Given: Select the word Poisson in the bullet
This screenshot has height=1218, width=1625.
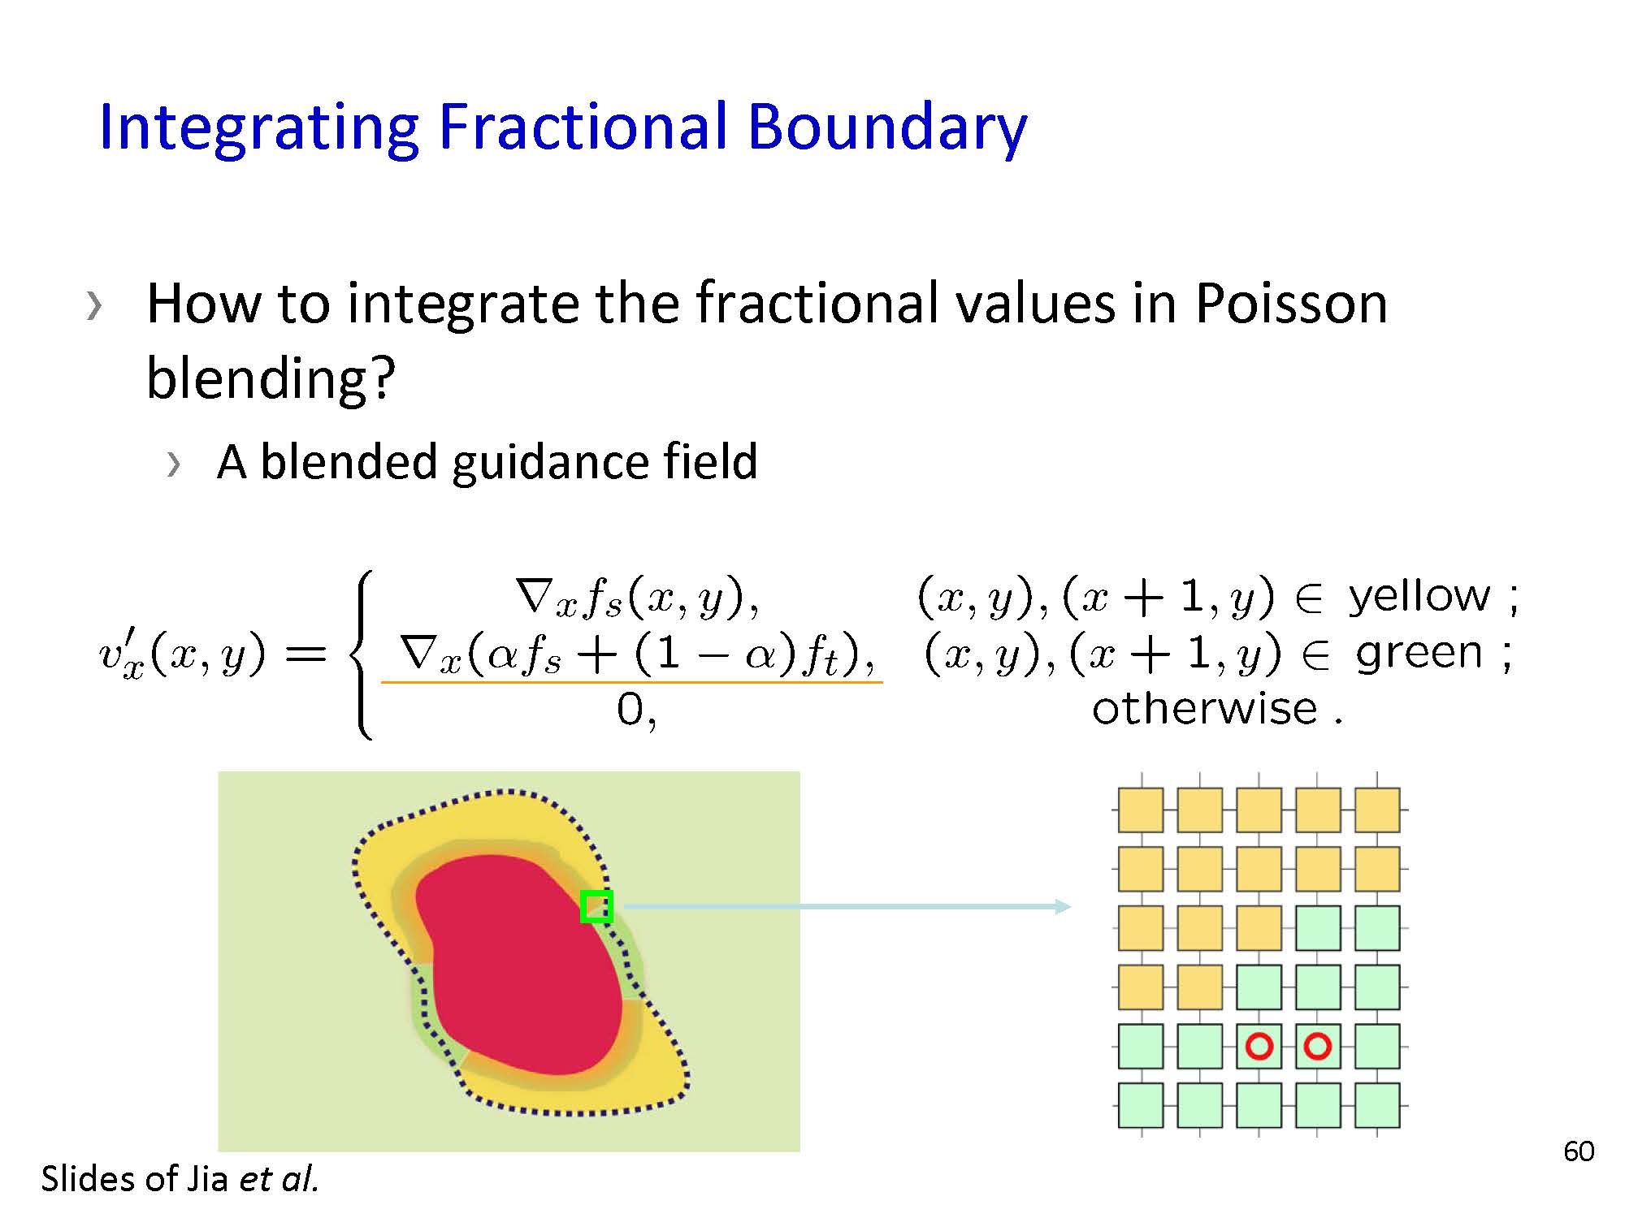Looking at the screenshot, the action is (1291, 303).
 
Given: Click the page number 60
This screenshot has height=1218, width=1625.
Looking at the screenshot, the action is (1579, 1151).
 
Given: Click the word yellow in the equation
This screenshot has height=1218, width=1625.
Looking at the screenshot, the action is (1419, 596).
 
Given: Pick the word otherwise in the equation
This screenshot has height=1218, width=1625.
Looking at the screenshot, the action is (1204, 709).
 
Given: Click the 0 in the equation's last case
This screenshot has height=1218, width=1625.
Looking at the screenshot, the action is (630, 710).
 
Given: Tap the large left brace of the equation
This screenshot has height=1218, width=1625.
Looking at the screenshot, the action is (362, 654).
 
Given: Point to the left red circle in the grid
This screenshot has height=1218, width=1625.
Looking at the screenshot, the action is (1259, 1046).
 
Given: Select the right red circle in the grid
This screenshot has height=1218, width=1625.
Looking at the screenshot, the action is (1318, 1046).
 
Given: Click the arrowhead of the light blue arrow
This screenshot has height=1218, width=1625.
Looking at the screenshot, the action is (1063, 906).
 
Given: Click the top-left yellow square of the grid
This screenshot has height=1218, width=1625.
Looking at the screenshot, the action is (1141, 810).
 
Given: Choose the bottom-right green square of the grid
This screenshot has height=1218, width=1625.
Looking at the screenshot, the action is (1377, 1105).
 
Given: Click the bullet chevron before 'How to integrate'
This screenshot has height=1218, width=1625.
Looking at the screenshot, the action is (94, 306).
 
